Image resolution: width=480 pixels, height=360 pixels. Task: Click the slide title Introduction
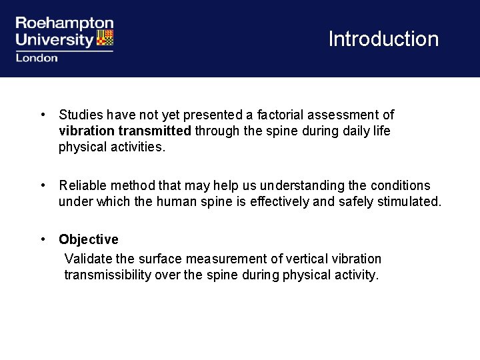click(383, 39)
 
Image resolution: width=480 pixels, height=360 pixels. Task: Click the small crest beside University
click(105, 38)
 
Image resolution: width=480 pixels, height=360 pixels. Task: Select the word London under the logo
click(37, 58)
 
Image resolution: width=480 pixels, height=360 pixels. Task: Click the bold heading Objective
click(88, 239)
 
